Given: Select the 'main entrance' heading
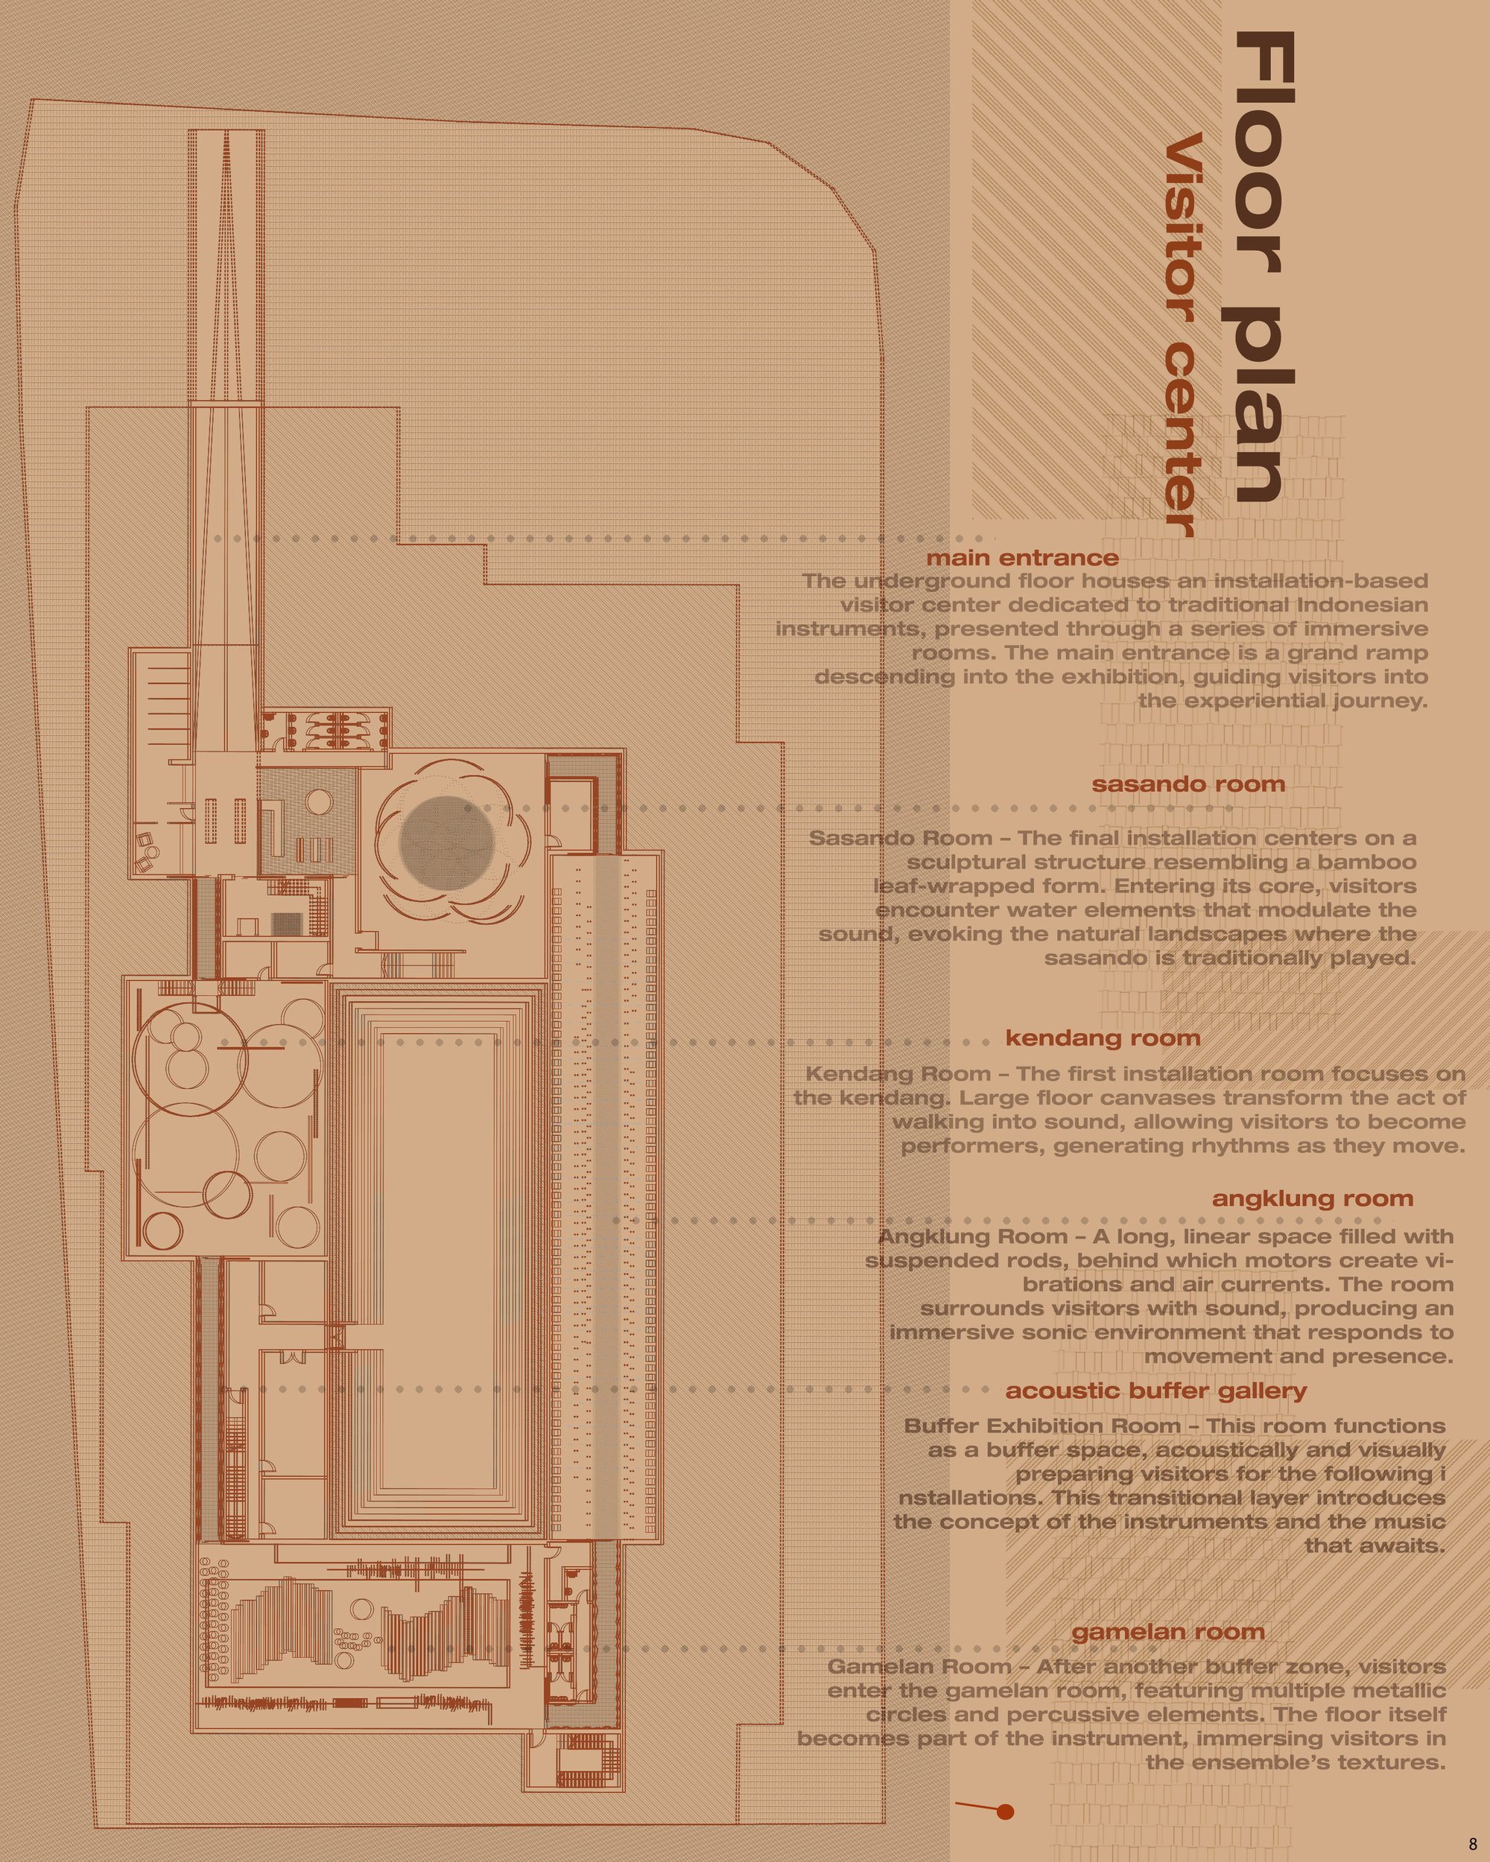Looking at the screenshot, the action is [1023, 558].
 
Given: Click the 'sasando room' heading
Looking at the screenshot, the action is [1188, 784].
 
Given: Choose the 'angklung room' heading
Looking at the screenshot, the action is [1313, 1198].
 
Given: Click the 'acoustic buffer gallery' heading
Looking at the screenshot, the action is [1155, 1391].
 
